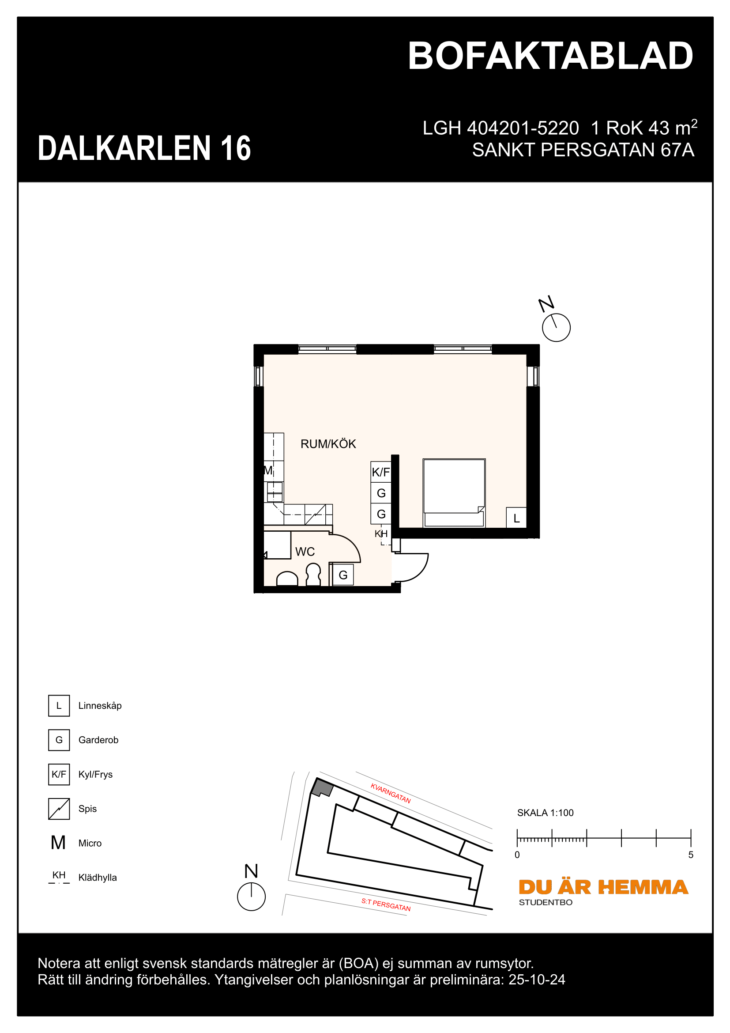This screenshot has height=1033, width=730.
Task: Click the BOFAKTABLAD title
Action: [x=550, y=56]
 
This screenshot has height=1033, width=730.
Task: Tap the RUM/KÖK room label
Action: [x=327, y=444]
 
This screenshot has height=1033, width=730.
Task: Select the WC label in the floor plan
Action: [x=305, y=552]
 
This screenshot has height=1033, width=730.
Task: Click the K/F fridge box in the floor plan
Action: [x=381, y=472]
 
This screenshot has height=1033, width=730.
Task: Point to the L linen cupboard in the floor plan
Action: [x=516, y=518]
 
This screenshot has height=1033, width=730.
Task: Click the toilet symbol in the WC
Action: [x=313, y=575]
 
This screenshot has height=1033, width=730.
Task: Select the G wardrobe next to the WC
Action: [x=343, y=575]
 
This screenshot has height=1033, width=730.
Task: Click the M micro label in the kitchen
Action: [x=268, y=471]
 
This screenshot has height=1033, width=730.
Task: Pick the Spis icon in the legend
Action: [x=59, y=809]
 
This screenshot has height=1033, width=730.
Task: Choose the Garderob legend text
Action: [x=98, y=740]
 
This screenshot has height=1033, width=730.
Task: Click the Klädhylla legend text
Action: [x=97, y=878]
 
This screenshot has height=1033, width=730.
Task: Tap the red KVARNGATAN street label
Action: [x=390, y=793]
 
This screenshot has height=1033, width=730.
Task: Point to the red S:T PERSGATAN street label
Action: [x=386, y=904]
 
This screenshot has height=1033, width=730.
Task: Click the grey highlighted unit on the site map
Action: [x=322, y=788]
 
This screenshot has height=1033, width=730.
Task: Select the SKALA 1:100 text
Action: [x=545, y=813]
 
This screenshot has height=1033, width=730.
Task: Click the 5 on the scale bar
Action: [x=690, y=855]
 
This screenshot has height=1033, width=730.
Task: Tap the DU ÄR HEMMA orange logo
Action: [x=603, y=887]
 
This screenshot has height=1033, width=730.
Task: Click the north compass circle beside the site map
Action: [x=251, y=897]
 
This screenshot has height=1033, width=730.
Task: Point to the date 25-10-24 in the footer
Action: [x=537, y=980]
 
